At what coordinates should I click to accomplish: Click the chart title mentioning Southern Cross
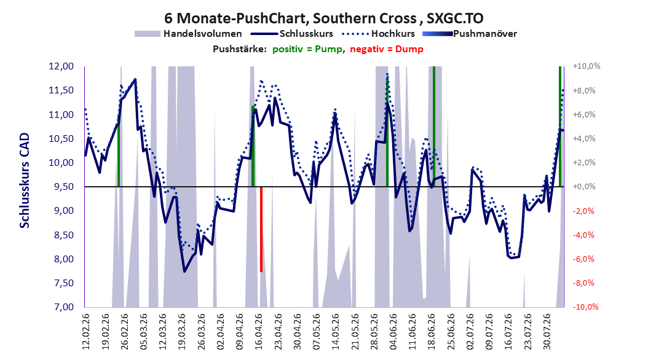323,18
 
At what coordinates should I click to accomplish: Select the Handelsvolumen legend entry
188,34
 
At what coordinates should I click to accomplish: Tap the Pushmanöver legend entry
470,34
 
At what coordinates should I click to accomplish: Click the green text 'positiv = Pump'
307,49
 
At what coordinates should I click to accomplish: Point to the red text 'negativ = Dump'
387,49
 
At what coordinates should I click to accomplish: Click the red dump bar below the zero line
261,229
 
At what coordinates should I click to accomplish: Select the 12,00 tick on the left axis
61,66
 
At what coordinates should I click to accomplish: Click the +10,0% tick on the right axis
587,66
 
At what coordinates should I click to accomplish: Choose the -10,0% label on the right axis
585,307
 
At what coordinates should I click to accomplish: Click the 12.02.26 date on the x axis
86,332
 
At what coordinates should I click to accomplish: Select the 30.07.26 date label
547,332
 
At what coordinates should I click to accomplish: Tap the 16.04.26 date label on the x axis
259,332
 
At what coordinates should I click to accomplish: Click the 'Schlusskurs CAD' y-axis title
25,181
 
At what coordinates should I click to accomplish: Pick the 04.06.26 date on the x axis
393,332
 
